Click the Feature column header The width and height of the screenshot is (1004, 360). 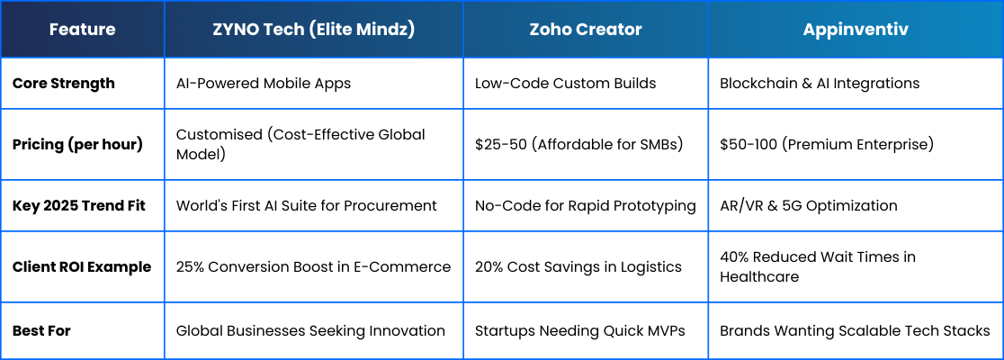click(x=83, y=30)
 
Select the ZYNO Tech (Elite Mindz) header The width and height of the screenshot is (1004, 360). click(x=314, y=30)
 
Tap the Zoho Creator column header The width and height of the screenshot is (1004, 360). click(x=586, y=30)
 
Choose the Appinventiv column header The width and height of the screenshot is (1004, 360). click(x=856, y=30)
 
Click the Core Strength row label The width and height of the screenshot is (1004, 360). click(x=64, y=84)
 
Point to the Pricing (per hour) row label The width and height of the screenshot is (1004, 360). click(x=77, y=145)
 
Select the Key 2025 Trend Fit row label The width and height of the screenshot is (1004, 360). click(x=79, y=205)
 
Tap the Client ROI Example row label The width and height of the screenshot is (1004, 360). click(x=82, y=266)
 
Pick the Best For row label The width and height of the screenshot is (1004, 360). click(x=41, y=331)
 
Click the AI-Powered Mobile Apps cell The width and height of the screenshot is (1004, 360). click(x=264, y=84)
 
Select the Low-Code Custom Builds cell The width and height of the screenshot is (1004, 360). click(x=565, y=84)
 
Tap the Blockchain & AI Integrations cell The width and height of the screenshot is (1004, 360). click(x=820, y=84)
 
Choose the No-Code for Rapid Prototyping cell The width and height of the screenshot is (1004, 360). click(x=586, y=205)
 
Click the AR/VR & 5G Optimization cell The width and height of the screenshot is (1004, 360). click(x=809, y=205)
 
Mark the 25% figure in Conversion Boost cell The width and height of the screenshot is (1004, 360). click(x=190, y=266)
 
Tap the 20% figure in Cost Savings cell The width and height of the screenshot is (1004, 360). click(x=489, y=266)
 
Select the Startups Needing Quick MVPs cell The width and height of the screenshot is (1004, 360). click(x=580, y=331)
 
